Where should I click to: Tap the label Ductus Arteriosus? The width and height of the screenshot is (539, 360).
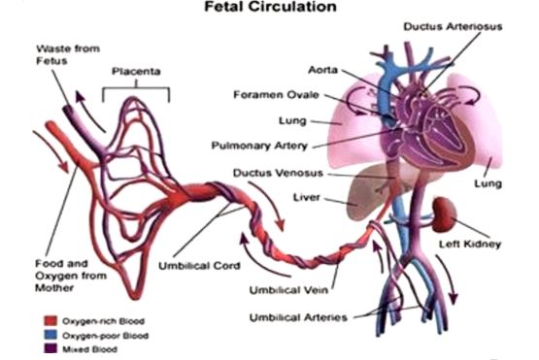[459, 27]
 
